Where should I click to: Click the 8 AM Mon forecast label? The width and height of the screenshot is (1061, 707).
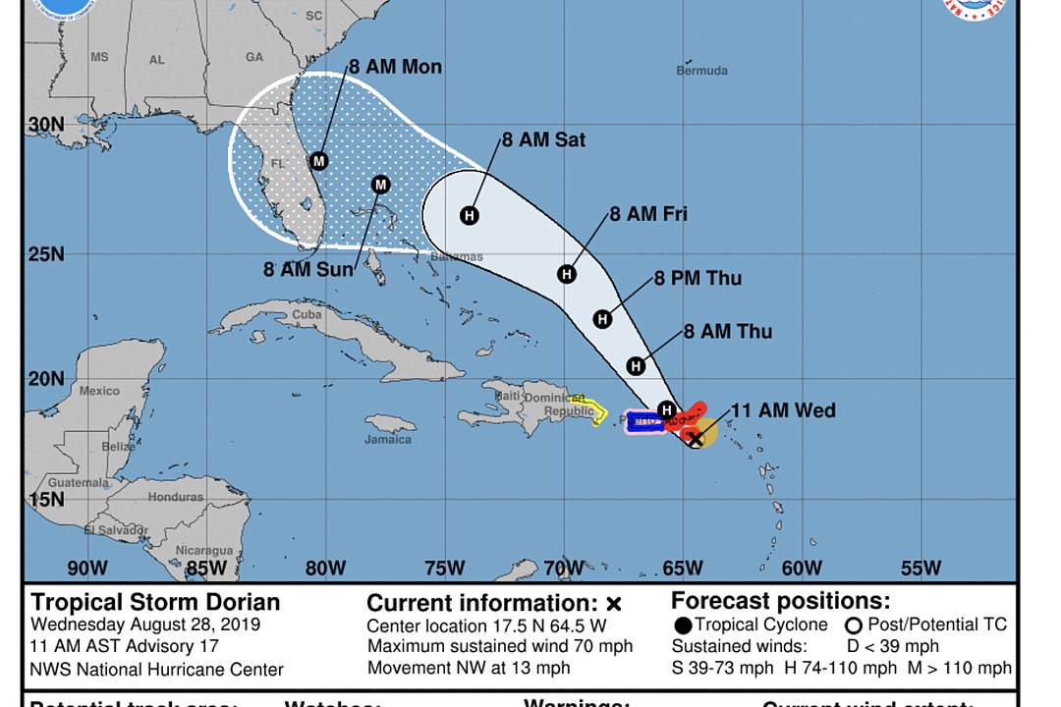click(395, 68)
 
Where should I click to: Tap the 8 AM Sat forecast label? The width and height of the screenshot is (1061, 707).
click(543, 140)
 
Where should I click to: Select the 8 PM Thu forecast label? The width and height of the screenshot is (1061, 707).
click(698, 279)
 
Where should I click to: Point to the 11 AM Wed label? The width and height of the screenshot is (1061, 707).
click(783, 410)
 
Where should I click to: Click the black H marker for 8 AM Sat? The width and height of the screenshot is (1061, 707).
click(470, 215)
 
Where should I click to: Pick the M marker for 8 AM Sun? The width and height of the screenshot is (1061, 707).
click(381, 185)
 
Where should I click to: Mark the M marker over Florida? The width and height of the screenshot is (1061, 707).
click(318, 161)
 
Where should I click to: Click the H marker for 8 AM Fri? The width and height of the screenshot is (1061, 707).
click(567, 274)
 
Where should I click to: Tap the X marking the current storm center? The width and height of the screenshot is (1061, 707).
click(695, 438)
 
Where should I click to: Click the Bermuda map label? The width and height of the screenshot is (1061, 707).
click(702, 71)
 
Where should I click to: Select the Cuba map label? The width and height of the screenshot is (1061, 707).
click(307, 315)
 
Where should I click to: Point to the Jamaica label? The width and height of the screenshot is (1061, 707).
click(388, 439)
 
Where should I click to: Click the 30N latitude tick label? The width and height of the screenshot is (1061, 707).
click(46, 126)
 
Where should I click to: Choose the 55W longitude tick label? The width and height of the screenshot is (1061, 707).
click(921, 569)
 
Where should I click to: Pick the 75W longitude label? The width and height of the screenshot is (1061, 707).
click(444, 569)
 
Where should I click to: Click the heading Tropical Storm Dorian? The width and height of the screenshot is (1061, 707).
click(155, 602)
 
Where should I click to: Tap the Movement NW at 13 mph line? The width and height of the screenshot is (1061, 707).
click(469, 668)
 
